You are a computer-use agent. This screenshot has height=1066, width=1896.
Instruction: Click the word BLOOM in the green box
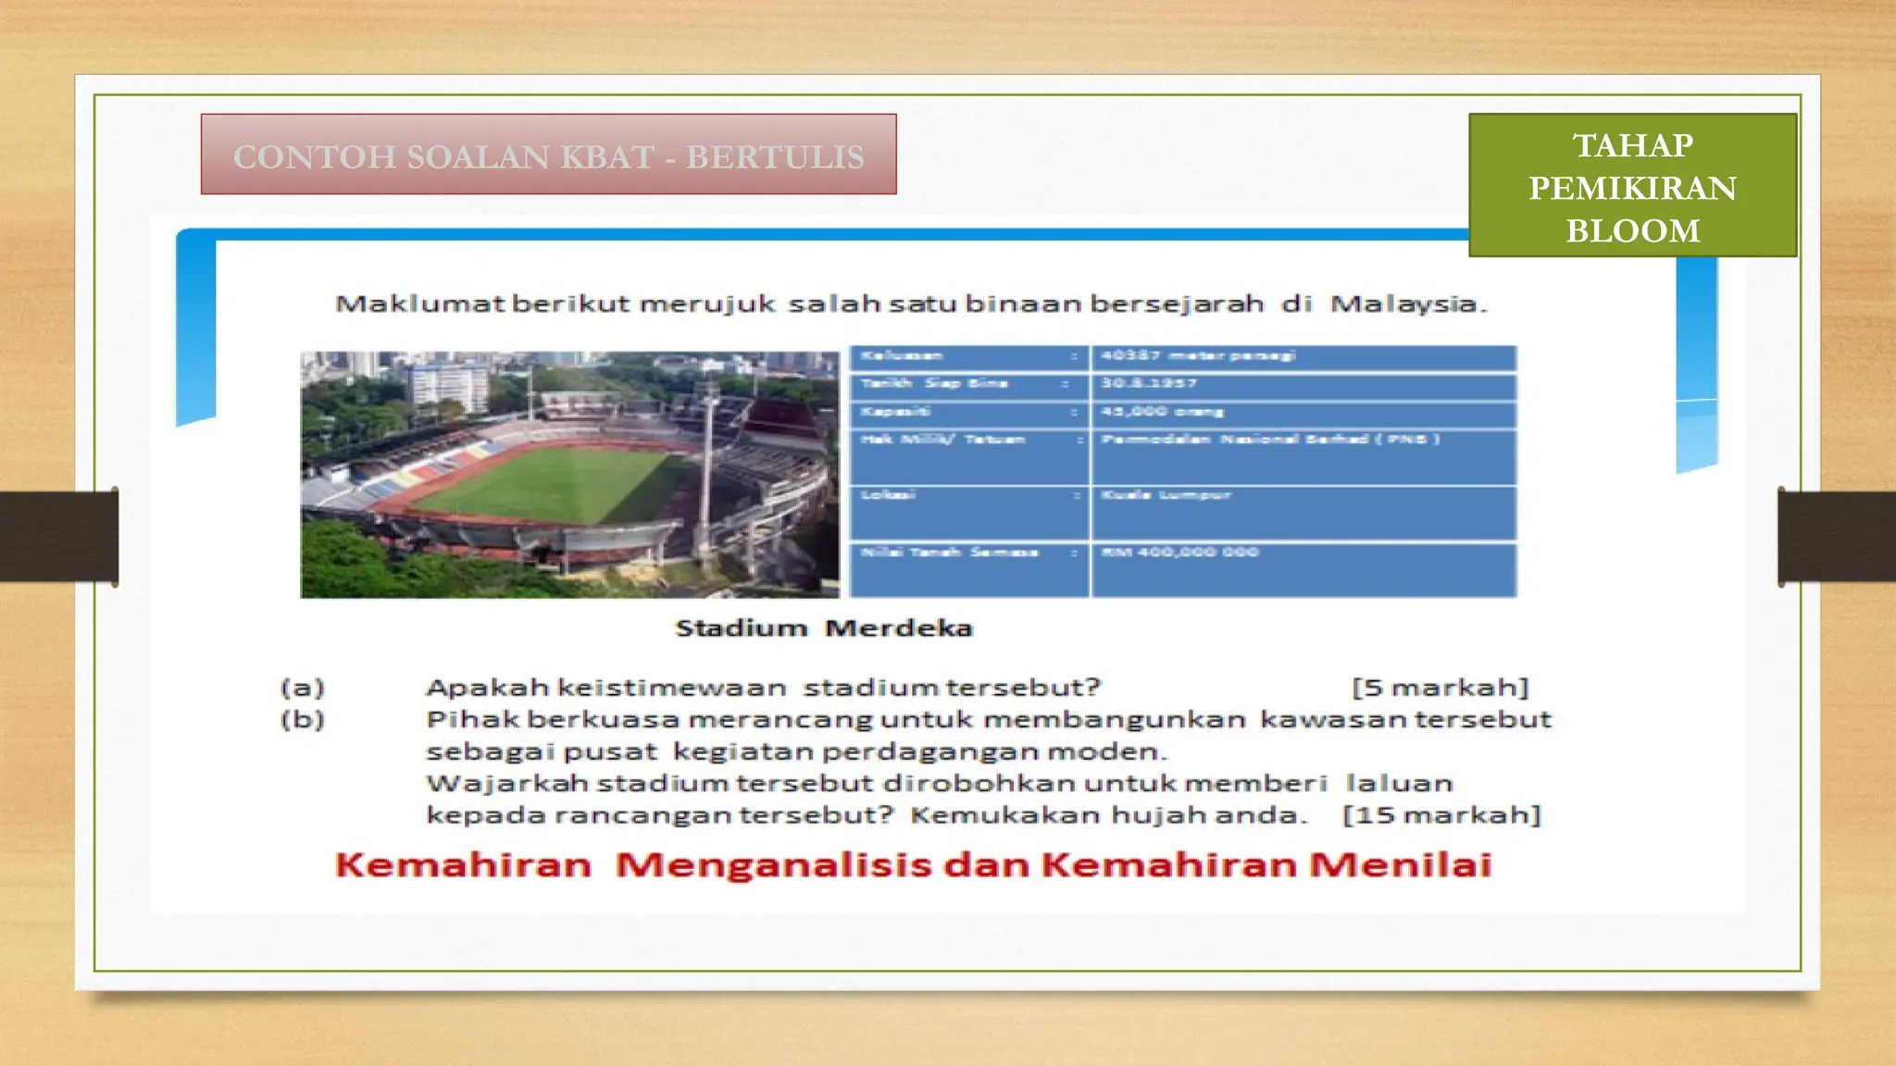[1632, 230]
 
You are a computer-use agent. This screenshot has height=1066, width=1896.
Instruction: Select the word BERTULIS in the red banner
[775, 156]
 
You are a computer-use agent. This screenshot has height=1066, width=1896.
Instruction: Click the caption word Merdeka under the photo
[898, 628]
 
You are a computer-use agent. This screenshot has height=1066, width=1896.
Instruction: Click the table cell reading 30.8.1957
[1149, 383]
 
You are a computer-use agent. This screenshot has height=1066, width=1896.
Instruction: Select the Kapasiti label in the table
[895, 412]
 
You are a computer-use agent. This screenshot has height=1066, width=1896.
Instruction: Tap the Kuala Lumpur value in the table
[1166, 495]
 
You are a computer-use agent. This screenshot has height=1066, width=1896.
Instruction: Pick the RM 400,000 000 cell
[1179, 552]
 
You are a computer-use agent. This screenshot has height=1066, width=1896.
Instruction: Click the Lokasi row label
[888, 495]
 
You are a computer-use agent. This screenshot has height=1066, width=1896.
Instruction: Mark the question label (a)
[303, 688]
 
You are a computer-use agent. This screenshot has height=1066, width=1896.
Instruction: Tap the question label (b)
[303, 719]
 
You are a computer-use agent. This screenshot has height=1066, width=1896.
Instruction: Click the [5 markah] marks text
[1440, 688]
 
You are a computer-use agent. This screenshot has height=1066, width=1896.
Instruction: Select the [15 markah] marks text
[1441, 815]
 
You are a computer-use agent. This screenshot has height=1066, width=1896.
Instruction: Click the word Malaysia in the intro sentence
[1407, 304]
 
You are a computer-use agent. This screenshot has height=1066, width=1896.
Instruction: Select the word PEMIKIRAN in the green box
[1632, 188]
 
